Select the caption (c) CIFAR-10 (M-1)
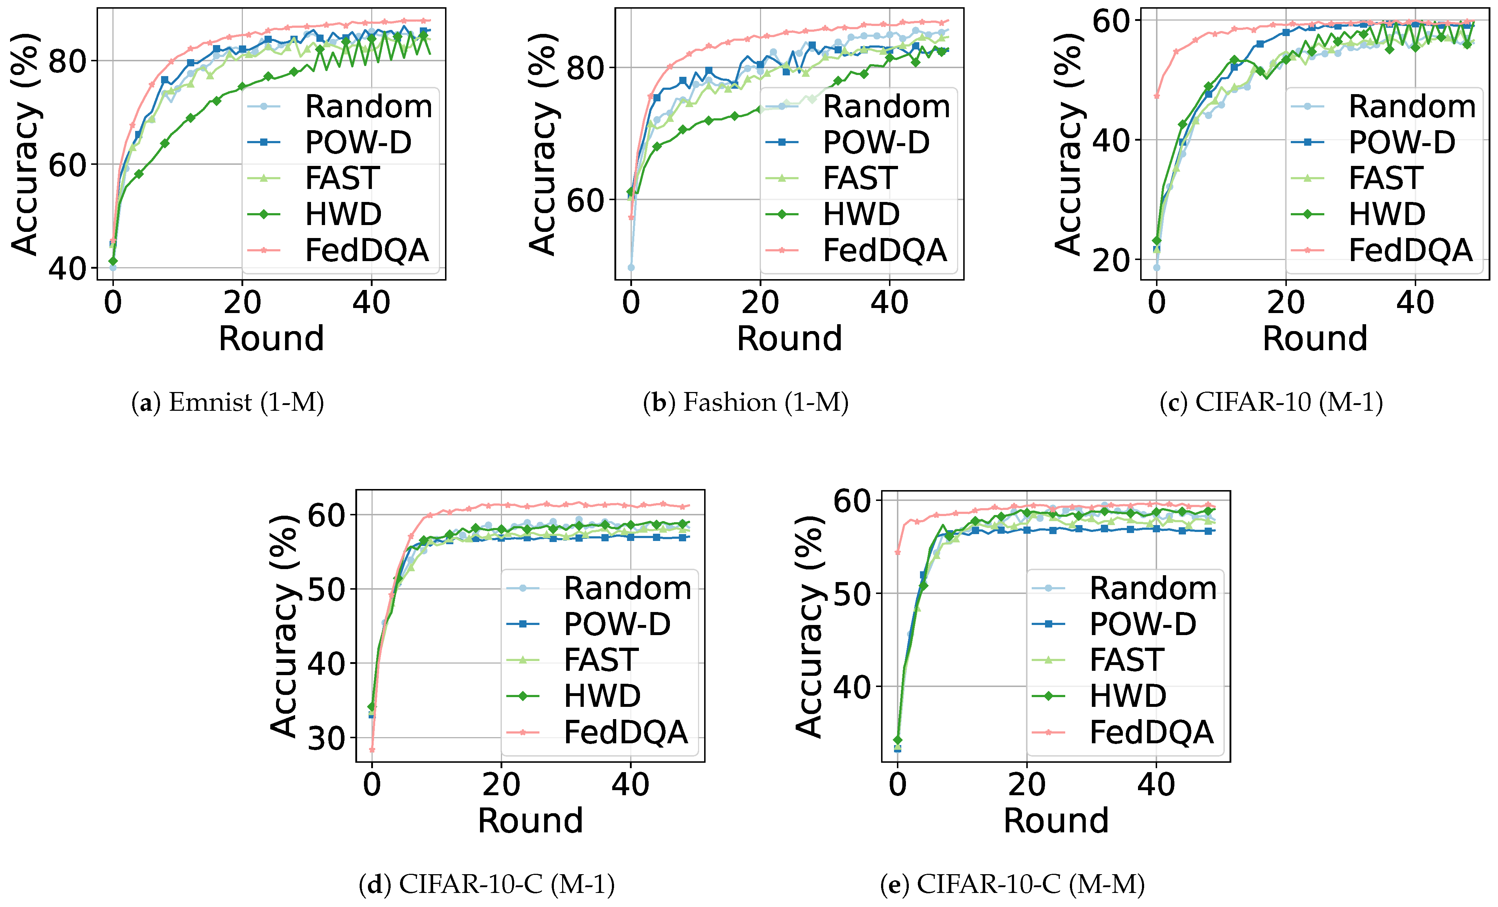(x=1271, y=402)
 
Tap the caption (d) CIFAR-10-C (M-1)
(x=486, y=884)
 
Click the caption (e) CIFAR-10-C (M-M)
(x=1012, y=884)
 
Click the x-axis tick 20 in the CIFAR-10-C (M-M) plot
(x=1027, y=785)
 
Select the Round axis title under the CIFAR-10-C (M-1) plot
(x=530, y=820)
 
